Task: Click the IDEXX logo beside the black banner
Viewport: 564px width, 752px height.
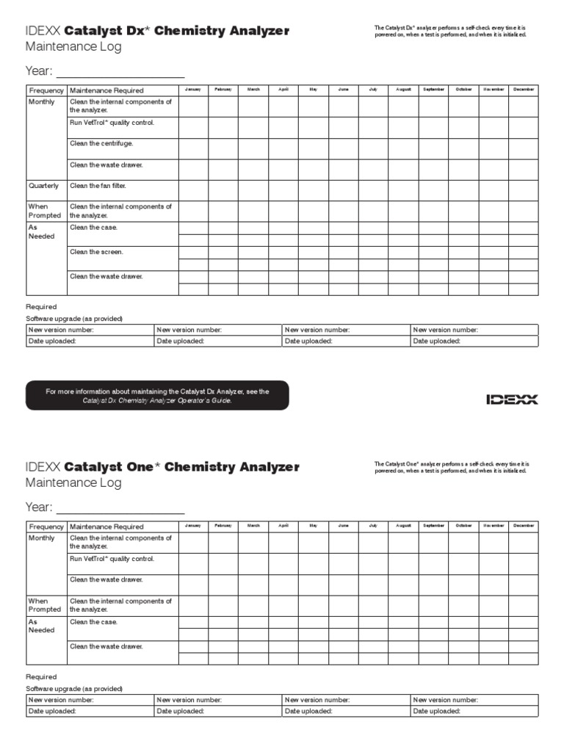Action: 512,399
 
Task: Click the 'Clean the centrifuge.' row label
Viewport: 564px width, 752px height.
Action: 101,144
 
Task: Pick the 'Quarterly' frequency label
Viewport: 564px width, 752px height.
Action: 44,186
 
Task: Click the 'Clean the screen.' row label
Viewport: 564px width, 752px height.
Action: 96,252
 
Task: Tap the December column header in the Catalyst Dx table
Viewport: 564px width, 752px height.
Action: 524,90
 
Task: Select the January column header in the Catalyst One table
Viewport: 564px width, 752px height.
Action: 193,526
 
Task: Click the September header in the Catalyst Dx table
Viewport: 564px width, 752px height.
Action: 433,90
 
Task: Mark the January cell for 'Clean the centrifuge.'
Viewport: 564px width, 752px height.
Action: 193,149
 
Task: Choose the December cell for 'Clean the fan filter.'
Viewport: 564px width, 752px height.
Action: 524,191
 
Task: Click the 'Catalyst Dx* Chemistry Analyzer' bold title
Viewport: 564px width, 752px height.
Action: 177,31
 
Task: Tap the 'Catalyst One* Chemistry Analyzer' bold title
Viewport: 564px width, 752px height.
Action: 182,467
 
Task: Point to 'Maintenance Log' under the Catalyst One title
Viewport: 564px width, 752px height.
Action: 73,483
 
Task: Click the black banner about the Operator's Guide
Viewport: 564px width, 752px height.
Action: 157,396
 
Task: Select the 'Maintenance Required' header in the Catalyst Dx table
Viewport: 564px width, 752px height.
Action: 106,90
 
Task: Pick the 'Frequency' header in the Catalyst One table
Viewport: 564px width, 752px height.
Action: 46,527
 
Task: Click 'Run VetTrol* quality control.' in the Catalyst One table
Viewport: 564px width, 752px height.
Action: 112,559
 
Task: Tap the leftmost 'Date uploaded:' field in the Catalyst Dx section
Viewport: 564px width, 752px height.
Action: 90,341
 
